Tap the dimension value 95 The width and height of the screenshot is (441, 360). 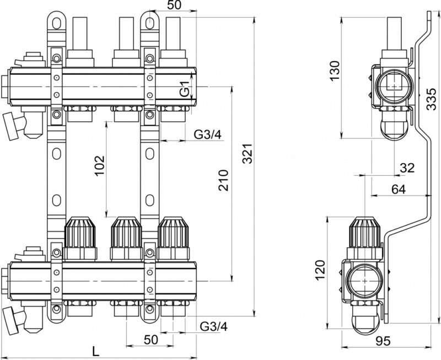coord(383,341)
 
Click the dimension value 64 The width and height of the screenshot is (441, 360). coord(398,189)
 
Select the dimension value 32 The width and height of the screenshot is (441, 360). coord(407,168)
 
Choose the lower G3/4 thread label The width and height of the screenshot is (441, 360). coord(213,326)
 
